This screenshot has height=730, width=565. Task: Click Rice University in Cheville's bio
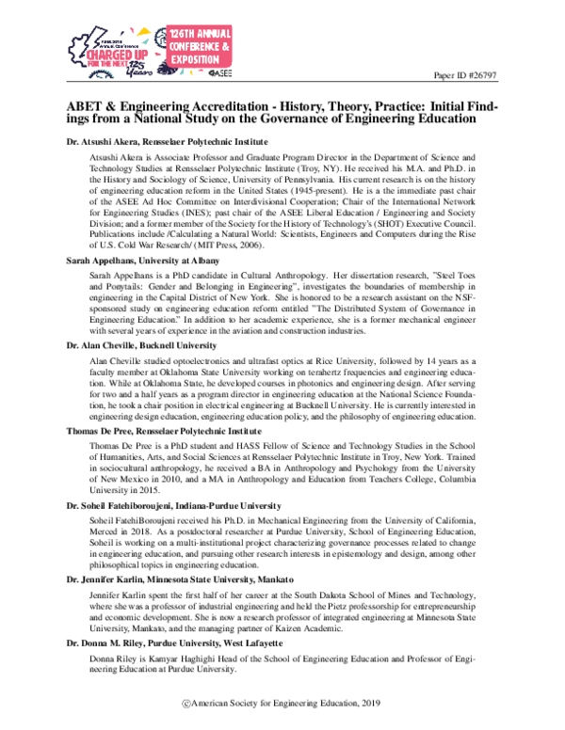pos(317,363)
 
